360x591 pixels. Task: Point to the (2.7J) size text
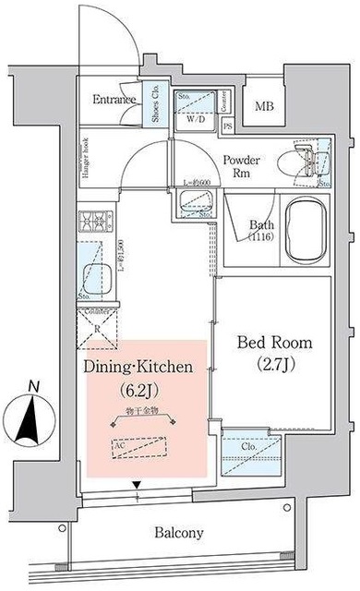[x=275, y=365]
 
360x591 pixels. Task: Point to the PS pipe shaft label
[x=225, y=127]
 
